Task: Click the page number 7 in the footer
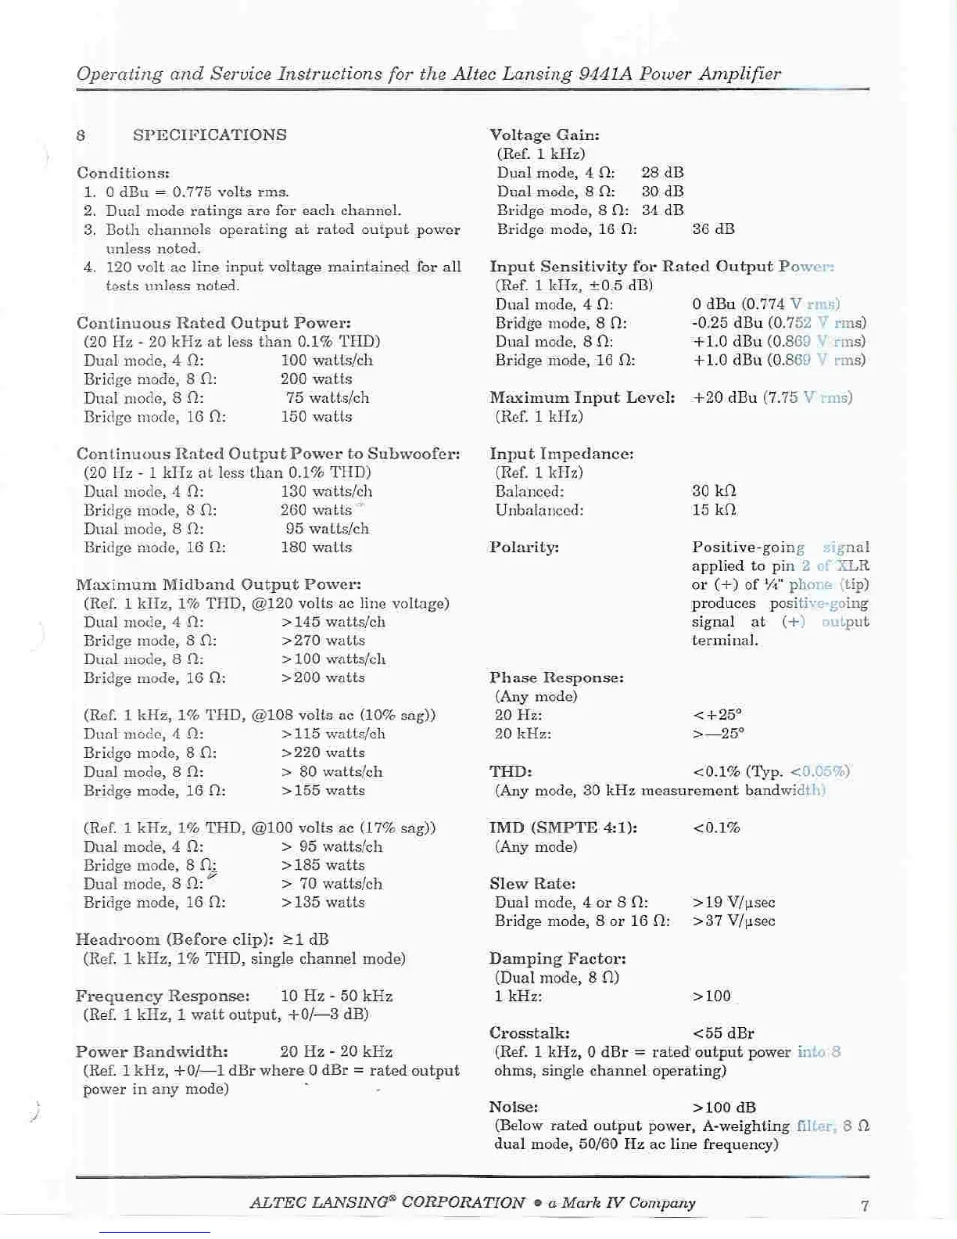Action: (865, 1205)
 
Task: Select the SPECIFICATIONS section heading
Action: (210, 135)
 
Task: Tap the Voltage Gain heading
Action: (544, 135)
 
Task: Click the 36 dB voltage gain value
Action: (713, 229)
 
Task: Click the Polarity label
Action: (524, 548)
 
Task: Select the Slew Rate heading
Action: (532, 884)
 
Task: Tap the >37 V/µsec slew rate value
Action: (733, 921)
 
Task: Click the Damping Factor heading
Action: (557, 959)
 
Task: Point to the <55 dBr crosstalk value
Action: (723, 1033)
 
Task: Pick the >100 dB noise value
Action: (724, 1108)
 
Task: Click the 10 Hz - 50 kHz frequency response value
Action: (336, 997)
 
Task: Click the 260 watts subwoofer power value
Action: (316, 510)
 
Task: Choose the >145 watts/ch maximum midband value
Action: (333, 623)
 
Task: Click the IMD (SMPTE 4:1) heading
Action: (563, 828)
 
